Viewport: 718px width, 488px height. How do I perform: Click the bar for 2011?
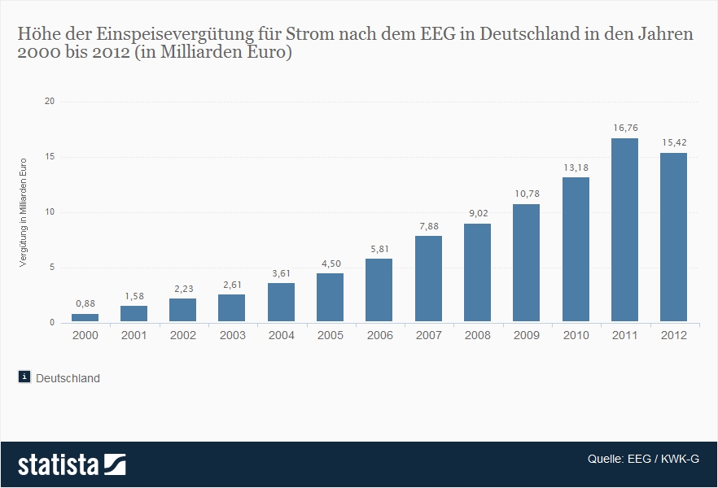[624, 230]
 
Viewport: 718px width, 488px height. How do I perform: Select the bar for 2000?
[85, 318]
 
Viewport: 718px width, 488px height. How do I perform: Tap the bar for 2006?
[379, 290]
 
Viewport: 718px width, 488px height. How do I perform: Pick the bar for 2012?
[673, 237]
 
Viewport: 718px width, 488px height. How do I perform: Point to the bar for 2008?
[477, 272]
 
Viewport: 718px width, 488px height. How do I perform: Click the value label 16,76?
[624, 128]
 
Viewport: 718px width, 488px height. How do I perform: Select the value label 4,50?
[330, 263]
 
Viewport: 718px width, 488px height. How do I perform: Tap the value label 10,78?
[526, 194]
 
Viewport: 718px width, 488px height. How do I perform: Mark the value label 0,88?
[85, 303]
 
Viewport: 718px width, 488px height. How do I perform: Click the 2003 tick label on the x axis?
[232, 335]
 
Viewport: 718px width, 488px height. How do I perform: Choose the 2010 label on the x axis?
[575, 335]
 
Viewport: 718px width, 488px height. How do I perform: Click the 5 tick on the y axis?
[51, 268]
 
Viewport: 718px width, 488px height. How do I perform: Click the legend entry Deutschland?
[68, 378]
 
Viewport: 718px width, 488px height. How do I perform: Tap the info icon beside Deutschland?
[24, 377]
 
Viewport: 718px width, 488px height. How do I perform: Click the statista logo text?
[58, 464]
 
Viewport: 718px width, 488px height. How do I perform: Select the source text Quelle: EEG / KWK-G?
[643, 459]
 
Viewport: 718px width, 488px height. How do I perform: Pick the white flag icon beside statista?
[115, 464]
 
